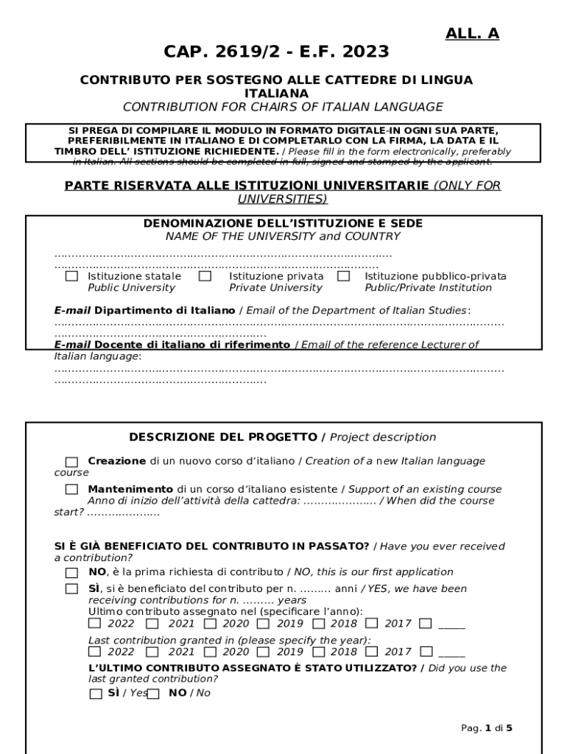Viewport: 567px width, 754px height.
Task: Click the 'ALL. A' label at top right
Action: click(472, 33)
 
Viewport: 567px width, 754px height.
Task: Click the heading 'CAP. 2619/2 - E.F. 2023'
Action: click(276, 52)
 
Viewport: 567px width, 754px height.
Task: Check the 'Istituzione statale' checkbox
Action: click(71, 276)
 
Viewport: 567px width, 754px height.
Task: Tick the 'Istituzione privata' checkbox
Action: click(205, 276)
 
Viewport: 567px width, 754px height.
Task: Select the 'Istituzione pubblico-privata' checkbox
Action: click(343, 276)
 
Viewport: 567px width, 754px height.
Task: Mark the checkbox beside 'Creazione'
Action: click(71, 462)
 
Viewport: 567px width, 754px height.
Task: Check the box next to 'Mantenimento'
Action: click(71, 490)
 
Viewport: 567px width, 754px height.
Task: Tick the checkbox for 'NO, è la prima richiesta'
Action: click(71, 572)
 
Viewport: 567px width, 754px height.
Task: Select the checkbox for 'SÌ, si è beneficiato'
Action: click(71, 589)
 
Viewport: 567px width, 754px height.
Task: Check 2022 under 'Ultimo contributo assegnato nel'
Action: click(95, 624)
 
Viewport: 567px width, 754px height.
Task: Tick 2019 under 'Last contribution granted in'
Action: click(264, 652)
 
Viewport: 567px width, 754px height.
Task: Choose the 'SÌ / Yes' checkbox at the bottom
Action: click(96, 694)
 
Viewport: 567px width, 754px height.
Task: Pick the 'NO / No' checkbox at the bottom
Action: click(153, 694)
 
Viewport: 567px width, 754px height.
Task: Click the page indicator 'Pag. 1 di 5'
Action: click(486, 728)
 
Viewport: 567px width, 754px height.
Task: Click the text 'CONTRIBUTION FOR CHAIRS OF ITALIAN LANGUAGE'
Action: click(283, 108)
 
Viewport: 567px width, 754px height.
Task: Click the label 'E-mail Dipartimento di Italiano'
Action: click(145, 311)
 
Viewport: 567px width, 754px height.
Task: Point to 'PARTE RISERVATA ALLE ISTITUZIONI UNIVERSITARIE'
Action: click(247, 186)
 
